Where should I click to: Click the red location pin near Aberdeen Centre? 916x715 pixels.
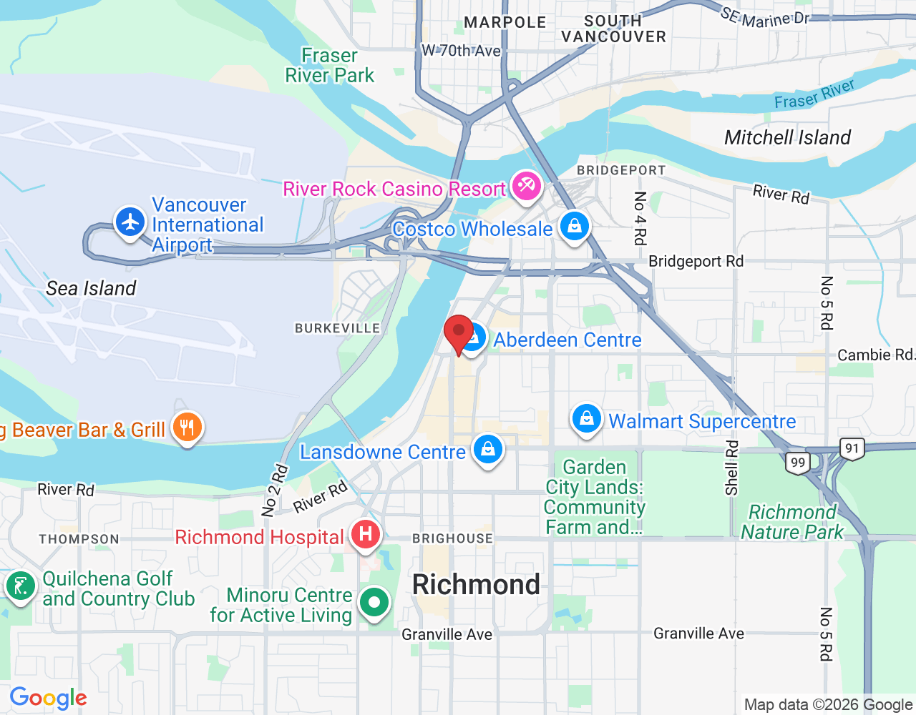459,333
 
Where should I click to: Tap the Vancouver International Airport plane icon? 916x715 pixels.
130,222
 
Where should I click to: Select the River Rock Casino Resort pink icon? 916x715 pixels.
526,186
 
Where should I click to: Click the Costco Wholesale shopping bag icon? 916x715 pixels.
574,227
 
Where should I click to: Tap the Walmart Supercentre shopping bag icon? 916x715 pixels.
586,419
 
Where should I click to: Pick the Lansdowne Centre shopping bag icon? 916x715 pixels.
488,450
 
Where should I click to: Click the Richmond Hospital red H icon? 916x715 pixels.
365,534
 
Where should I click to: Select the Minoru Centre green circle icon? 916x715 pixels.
374,602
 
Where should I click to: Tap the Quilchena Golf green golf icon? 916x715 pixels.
20,586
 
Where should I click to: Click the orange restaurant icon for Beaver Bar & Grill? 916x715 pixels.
187,428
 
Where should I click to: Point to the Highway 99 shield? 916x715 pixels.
798,463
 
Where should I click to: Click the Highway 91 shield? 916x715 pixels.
852,449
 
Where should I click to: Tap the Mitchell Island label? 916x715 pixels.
787,137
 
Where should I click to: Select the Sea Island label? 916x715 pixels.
91,288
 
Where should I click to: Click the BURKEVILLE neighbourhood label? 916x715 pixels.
338,328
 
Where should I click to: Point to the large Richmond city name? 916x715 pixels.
476,585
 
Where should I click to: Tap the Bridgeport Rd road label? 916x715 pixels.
696,261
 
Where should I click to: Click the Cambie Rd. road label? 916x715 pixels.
875,355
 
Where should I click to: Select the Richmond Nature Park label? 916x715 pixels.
791,522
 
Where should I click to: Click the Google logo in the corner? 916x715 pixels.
49,698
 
